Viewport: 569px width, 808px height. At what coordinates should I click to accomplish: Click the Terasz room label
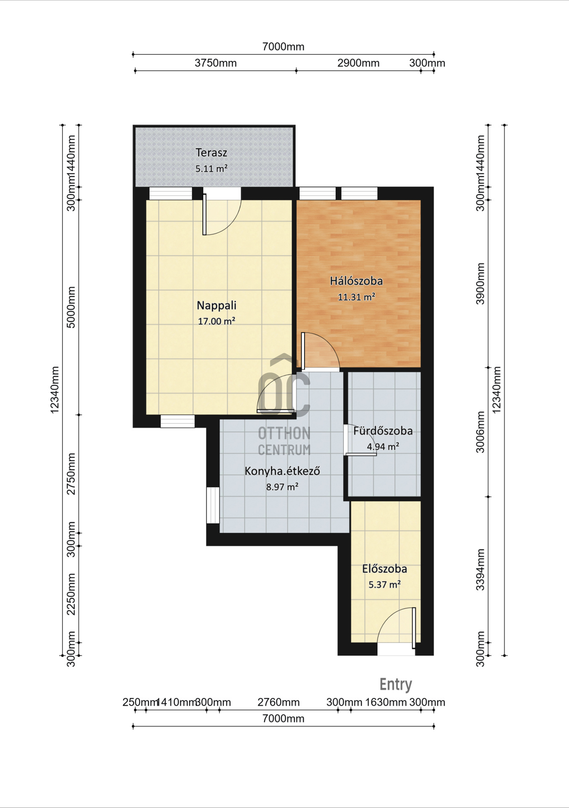click(211, 152)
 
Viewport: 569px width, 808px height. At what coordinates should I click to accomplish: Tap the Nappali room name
click(217, 305)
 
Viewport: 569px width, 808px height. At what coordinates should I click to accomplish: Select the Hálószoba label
click(356, 281)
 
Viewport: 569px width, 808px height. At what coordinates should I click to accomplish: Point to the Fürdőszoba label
click(383, 431)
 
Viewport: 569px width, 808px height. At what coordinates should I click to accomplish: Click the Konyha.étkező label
click(282, 471)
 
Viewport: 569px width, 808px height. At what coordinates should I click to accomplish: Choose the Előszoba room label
click(384, 569)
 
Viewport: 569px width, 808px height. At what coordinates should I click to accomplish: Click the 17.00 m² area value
click(216, 321)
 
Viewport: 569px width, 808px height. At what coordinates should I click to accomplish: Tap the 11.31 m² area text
click(356, 297)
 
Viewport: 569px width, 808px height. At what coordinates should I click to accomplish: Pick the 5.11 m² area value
click(211, 168)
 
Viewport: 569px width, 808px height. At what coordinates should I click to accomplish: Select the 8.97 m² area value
click(282, 487)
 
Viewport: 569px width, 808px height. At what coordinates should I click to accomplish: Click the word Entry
click(396, 685)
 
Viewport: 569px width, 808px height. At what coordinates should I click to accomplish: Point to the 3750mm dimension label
click(215, 63)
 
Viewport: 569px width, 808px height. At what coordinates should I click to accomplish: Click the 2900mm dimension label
click(358, 63)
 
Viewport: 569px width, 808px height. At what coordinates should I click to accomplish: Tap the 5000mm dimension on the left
click(71, 307)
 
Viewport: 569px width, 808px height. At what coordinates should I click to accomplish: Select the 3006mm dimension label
click(480, 432)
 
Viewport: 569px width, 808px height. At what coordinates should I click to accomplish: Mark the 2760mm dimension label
click(278, 702)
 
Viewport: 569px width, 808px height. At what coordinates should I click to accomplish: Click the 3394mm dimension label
click(480, 570)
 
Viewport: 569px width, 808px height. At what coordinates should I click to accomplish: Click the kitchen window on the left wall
click(213, 505)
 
